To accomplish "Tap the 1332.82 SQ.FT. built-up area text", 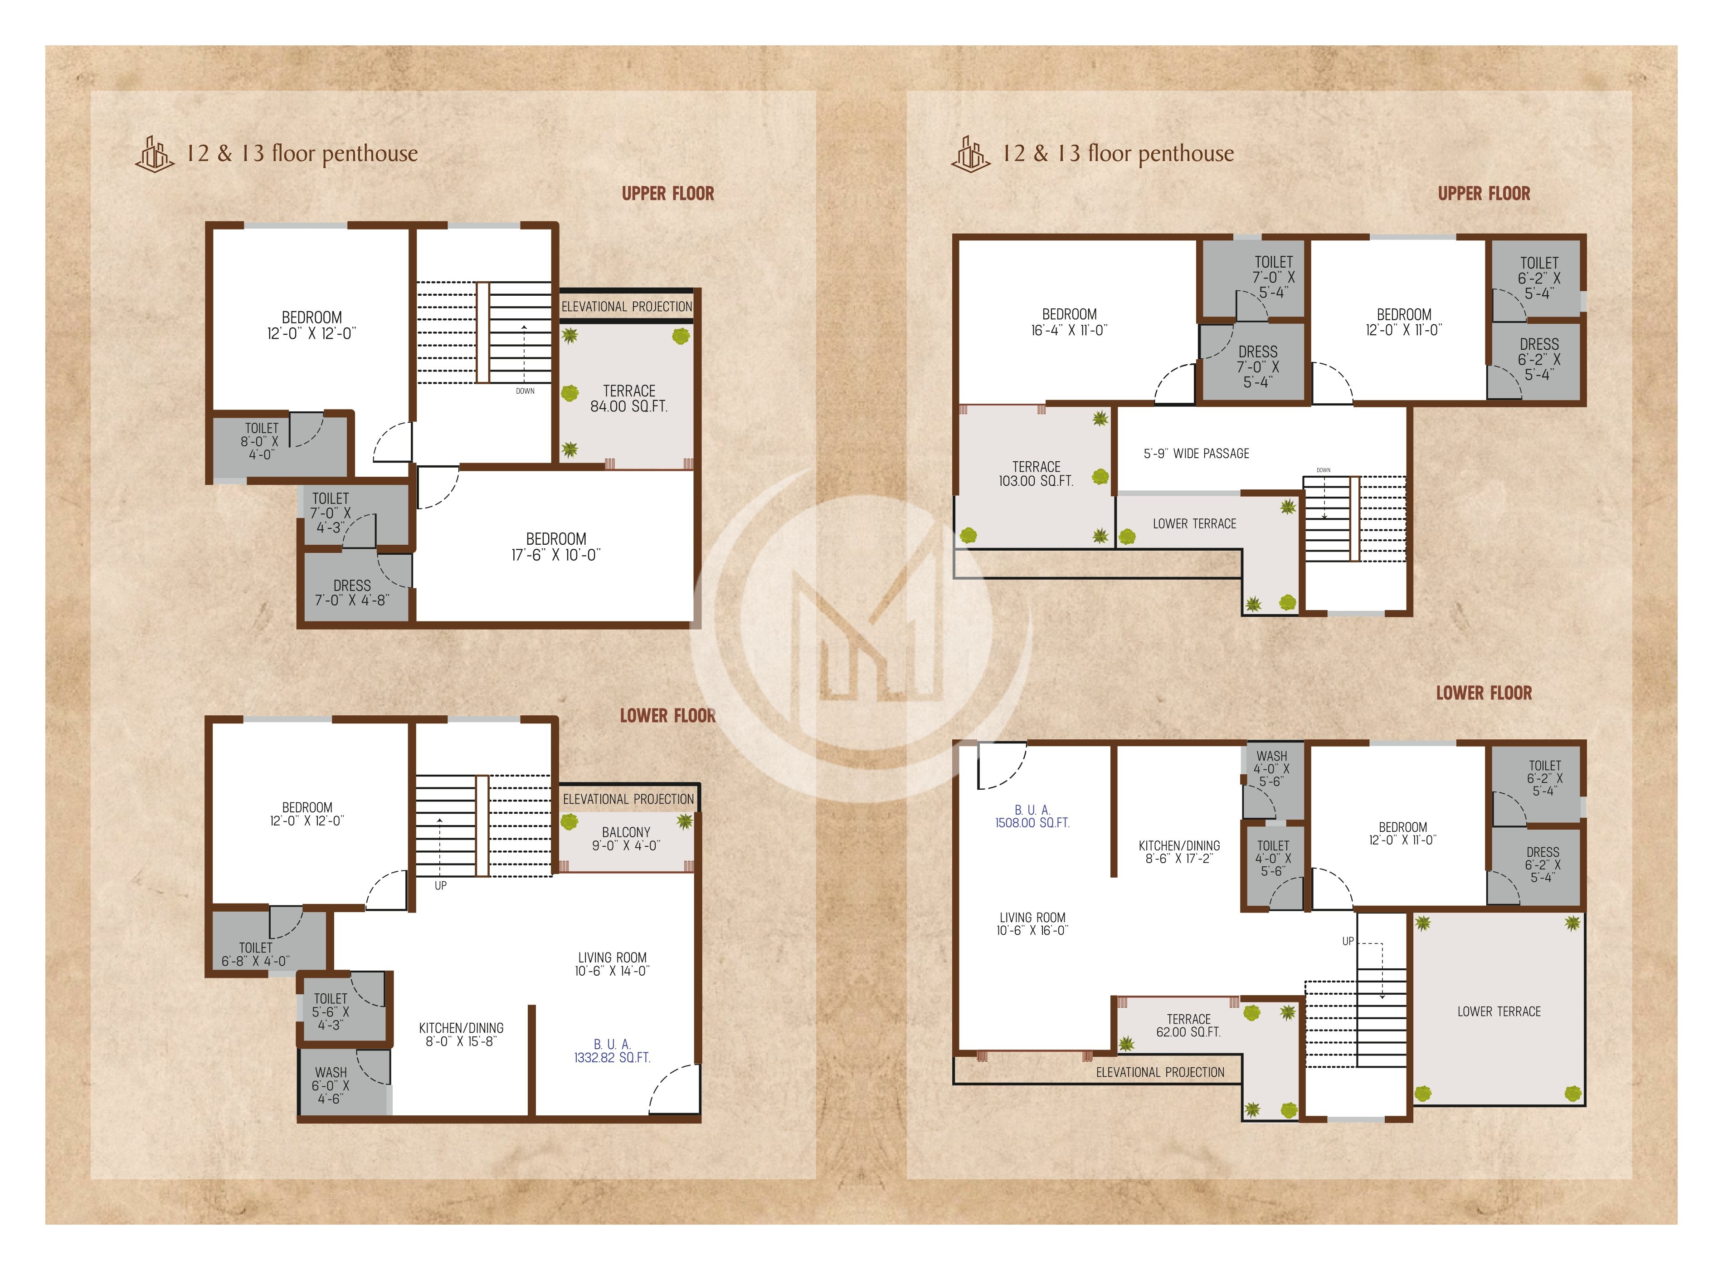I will point(612,1051).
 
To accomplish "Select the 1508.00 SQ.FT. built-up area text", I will point(1032,816).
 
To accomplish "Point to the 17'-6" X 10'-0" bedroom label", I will point(555,547).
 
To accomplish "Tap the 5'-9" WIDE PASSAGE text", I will point(1196,454).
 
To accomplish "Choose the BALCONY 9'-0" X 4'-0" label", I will point(626,839).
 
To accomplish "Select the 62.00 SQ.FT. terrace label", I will point(1188,1026).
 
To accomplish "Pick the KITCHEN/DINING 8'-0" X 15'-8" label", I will point(461,1035).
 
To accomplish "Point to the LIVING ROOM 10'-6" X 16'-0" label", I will point(1032,924).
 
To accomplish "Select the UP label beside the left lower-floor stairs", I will point(440,886).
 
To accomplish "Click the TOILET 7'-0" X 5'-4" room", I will point(1273,277).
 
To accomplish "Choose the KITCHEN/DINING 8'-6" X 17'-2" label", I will point(1179,852).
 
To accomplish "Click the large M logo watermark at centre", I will point(861,623).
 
